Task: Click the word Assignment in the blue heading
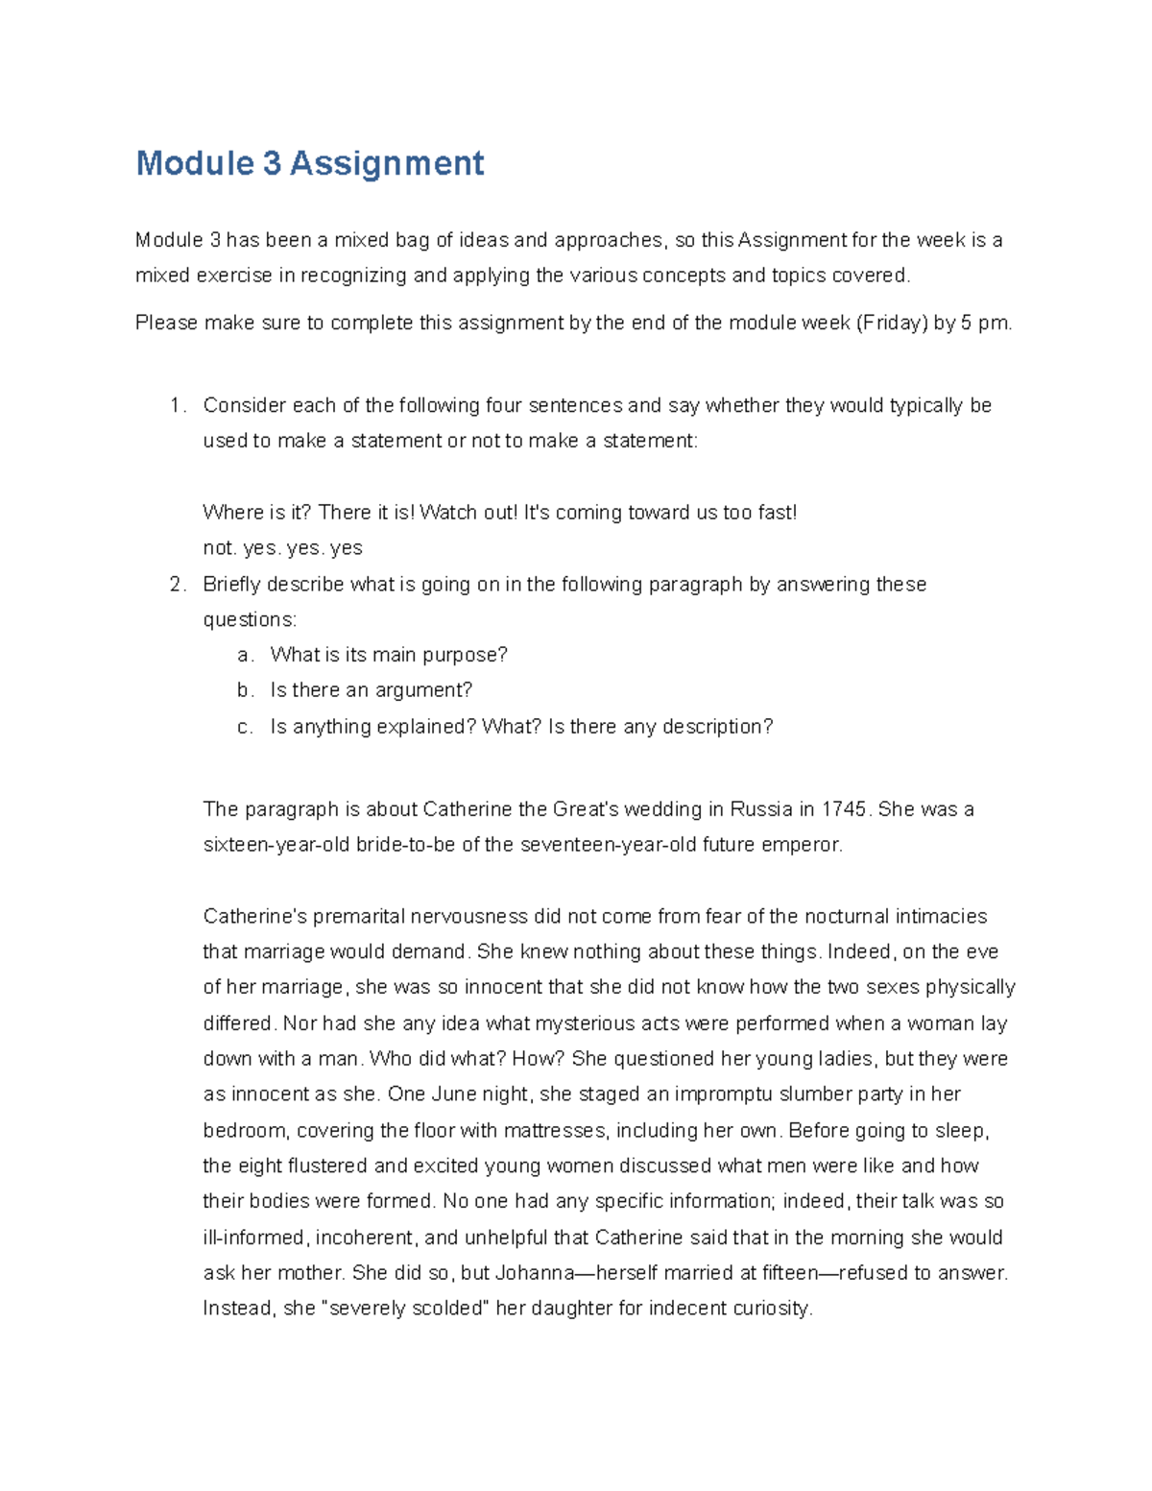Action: (x=387, y=163)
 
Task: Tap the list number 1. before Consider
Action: (x=178, y=405)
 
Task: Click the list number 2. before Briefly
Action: (x=178, y=584)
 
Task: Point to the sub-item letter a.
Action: (x=245, y=655)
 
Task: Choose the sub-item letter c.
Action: (x=245, y=727)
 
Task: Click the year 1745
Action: (x=845, y=809)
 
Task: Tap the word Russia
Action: (x=761, y=809)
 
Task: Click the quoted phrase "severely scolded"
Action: (x=410, y=1309)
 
